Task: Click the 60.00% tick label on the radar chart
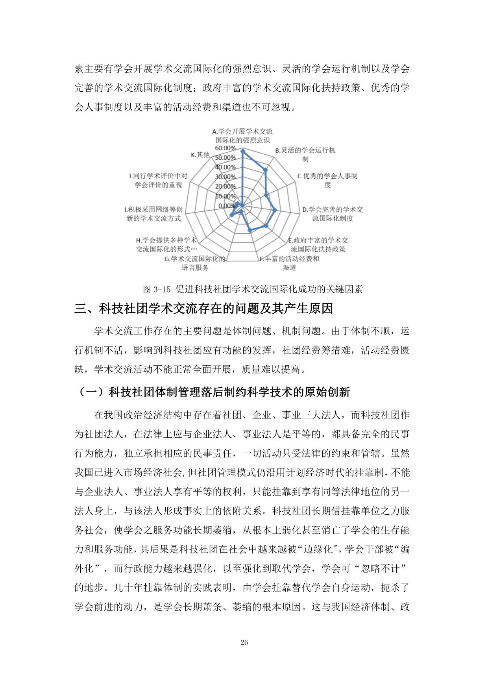point(225,148)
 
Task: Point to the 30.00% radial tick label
point(225,177)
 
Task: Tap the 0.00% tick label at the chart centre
point(227,206)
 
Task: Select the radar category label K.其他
point(200,155)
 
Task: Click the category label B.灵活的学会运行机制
point(305,155)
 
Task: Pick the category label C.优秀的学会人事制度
point(327,180)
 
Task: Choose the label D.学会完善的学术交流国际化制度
point(333,214)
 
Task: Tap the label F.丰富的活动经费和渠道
point(289,263)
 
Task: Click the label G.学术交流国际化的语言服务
point(195,263)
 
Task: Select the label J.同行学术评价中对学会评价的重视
point(158,180)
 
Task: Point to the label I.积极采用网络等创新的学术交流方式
point(153,214)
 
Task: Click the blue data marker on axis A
point(242,151)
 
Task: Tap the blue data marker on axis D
point(275,210)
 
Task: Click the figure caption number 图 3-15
point(157,289)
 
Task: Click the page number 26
point(244,642)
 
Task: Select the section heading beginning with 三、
point(204,309)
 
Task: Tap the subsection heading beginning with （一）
point(212,392)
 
